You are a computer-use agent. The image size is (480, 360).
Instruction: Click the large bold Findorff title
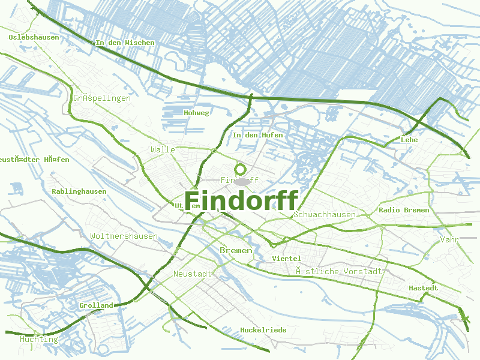(241, 200)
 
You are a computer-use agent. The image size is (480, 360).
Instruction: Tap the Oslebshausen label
(34, 37)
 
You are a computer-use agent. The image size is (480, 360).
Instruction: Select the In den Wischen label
(125, 43)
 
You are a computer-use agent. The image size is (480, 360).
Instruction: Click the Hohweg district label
(196, 113)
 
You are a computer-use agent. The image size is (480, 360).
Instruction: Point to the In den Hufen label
(257, 136)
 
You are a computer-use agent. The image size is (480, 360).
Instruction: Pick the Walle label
(163, 149)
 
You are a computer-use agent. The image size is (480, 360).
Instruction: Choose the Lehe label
(409, 140)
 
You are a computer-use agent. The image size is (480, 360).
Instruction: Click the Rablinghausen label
(79, 191)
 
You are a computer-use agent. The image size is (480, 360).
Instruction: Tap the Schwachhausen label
(325, 214)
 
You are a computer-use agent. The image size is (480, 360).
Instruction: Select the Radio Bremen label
(404, 210)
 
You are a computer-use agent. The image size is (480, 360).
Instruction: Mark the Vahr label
(449, 239)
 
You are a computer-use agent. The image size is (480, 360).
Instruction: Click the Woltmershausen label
(124, 236)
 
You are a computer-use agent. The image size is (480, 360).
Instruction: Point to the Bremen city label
(236, 250)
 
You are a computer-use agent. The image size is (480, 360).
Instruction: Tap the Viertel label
(286, 258)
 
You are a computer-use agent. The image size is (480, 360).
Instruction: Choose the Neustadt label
(192, 274)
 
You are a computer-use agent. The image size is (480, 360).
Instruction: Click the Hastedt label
(423, 288)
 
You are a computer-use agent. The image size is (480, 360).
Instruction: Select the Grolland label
(96, 305)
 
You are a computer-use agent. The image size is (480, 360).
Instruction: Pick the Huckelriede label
(263, 330)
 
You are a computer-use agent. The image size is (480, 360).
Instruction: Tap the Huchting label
(38, 339)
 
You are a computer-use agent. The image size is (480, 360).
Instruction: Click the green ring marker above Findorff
(241, 169)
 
